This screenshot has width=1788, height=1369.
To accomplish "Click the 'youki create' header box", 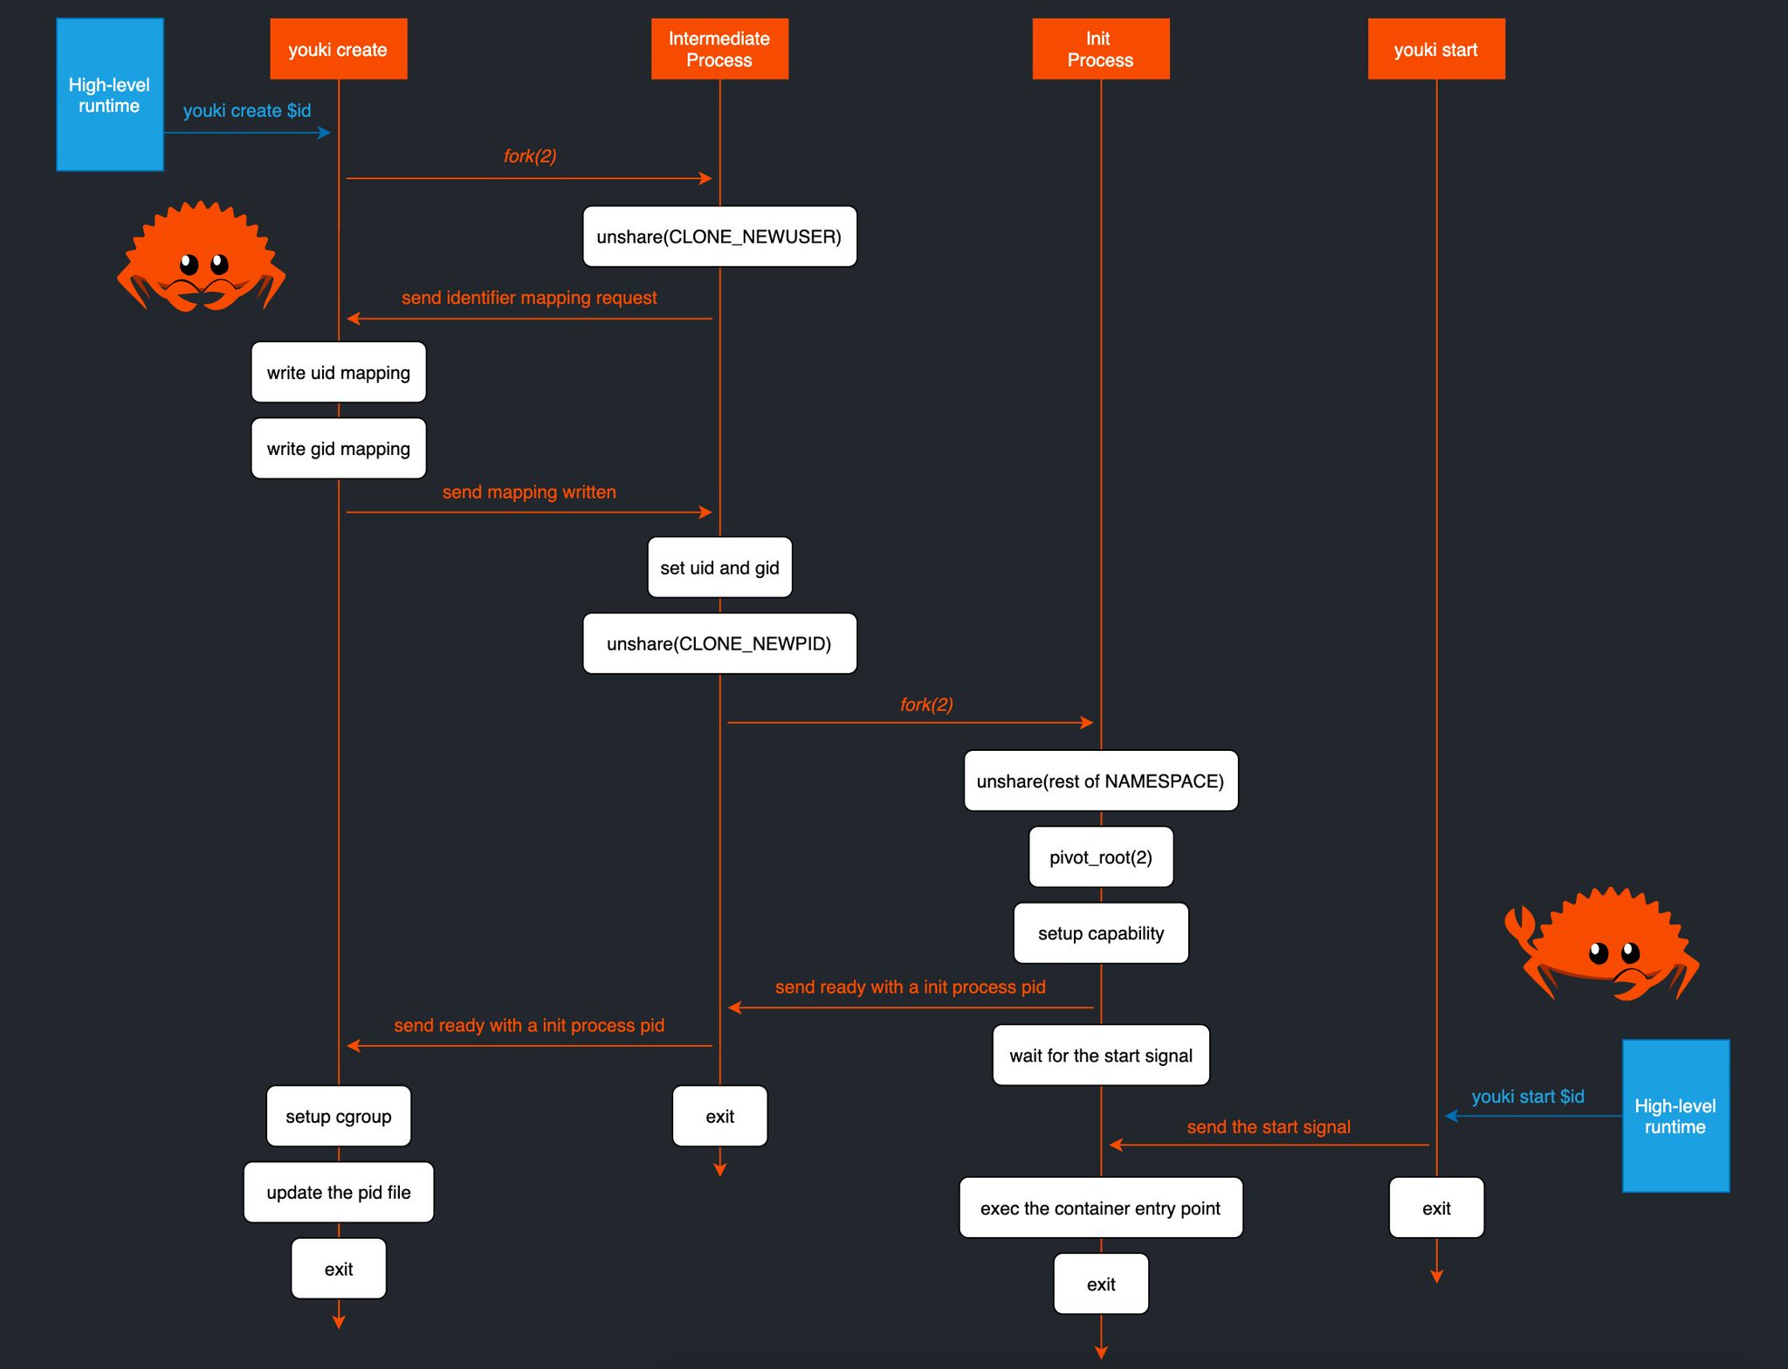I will (x=338, y=50).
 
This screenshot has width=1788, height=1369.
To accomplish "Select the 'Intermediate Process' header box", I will (x=719, y=50).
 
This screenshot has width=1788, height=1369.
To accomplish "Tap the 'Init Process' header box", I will (x=1100, y=50).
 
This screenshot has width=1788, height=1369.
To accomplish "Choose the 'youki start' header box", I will (x=1435, y=50).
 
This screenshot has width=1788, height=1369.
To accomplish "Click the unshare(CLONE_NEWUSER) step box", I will (x=719, y=237).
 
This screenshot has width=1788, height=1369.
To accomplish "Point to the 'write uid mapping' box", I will (x=338, y=373).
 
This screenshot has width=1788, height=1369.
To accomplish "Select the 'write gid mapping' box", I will (x=338, y=449).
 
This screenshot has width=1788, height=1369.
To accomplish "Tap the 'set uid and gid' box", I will (x=719, y=568).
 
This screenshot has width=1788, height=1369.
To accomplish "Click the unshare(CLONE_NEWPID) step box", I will (x=719, y=643).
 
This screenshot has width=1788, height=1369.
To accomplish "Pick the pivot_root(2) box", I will (x=1100, y=857).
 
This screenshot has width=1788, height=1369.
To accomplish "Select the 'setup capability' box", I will (x=1100, y=933).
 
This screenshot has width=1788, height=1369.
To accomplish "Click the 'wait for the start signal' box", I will (x=1100, y=1056).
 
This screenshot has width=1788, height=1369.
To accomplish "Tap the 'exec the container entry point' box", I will (x=1100, y=1208).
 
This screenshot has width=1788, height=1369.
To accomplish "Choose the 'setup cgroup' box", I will (x=338, y=1117).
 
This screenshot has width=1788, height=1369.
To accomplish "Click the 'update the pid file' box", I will (x=338, y=1193).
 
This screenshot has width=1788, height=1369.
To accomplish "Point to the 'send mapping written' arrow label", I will (x=529, y=492).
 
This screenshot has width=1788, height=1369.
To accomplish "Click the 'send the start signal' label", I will (x=1269, y=1127).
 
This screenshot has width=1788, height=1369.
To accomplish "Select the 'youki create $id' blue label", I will (x=247, y=111).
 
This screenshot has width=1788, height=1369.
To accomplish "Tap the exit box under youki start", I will (x=1436, y=1208).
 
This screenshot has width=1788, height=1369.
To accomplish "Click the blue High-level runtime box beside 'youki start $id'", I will (x=1675, y=1116).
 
